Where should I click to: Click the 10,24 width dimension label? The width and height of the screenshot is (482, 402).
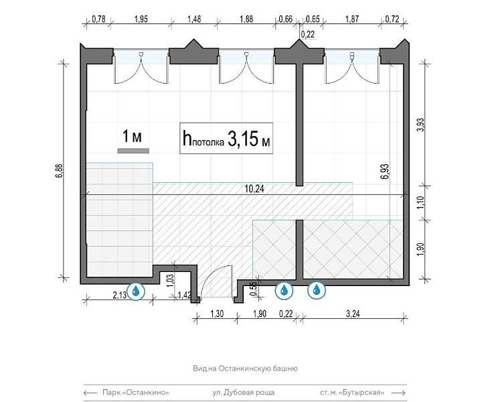254,188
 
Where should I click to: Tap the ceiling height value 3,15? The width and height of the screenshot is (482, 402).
242,139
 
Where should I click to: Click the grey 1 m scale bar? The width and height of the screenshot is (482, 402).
133,151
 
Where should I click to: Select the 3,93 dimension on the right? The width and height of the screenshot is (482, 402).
421,125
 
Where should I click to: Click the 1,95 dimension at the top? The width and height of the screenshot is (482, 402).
141,19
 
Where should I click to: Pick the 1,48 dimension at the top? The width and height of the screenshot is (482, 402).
194,19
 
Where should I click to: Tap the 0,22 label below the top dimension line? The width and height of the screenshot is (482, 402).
308,34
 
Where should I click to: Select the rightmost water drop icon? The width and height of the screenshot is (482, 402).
316,289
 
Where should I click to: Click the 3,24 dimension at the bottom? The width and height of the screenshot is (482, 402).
353,314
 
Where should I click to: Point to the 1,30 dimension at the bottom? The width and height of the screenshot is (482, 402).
217,314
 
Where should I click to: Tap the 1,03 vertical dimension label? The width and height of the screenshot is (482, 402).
171,281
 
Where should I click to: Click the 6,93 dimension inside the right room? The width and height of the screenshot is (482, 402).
385,172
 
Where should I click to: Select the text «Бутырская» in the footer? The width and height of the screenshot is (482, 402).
361,393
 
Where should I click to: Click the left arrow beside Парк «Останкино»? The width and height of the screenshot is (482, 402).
90,393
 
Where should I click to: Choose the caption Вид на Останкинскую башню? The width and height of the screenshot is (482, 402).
245,368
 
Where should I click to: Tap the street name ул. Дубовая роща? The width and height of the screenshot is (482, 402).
244,393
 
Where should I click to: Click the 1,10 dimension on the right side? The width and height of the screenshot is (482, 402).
421,203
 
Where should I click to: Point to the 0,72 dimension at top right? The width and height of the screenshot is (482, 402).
392,19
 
